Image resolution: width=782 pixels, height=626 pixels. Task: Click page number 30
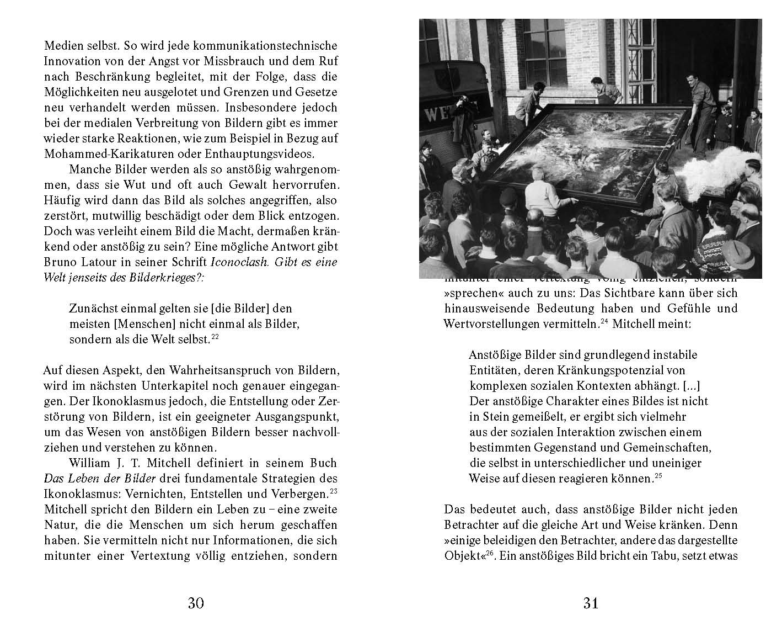(196, 603)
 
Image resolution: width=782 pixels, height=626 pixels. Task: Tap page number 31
(591, 603)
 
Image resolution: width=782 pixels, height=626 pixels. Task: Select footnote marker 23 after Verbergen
(333, 490)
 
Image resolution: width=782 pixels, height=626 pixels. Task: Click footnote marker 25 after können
(657, 476)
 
